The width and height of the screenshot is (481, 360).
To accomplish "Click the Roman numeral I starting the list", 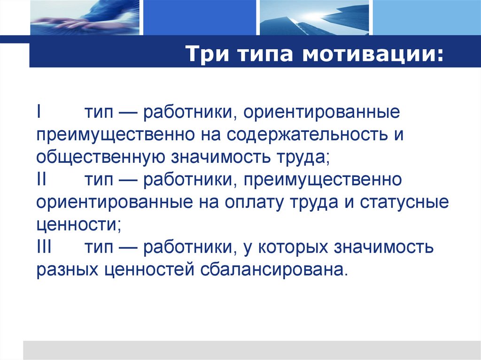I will point(39,113).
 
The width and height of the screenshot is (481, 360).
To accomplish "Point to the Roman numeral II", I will point(41,179).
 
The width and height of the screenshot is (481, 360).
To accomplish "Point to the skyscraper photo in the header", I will point(314,18).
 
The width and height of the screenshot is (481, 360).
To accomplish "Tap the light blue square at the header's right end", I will point(426,18).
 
